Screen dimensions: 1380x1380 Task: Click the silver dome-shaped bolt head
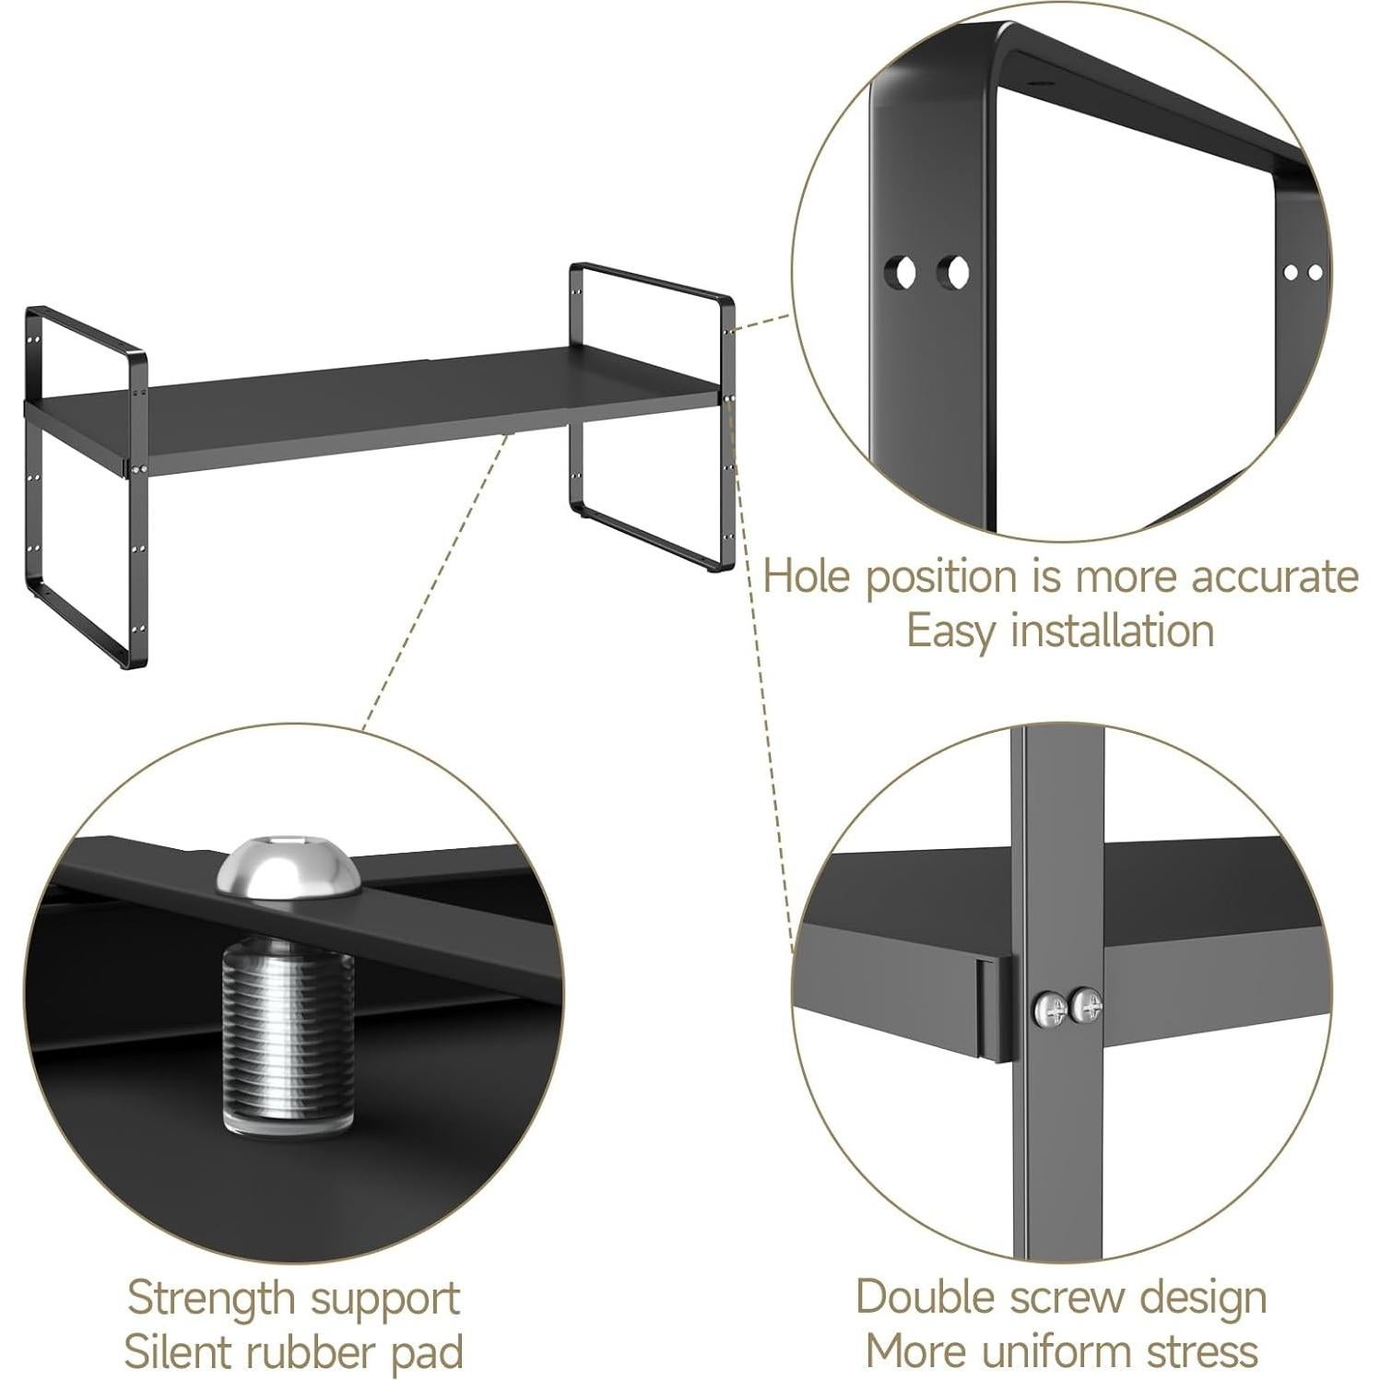click(x=288, y=866)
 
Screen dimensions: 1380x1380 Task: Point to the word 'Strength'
click(x=210, y=1298)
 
